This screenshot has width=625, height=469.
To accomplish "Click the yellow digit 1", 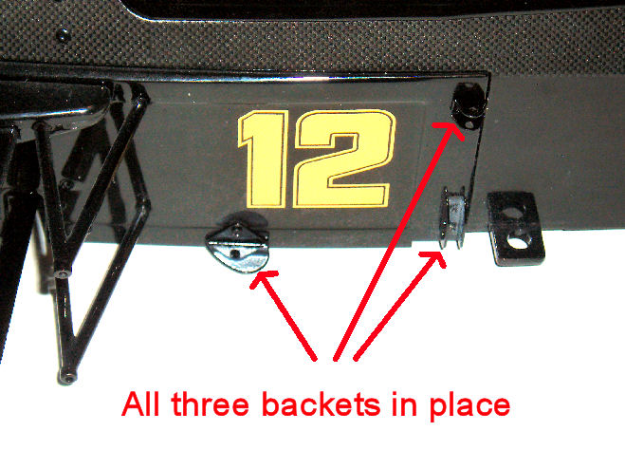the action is coord(264,159).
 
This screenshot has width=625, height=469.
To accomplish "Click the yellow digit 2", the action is coord(343,159).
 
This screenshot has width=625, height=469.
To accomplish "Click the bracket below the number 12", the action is coord(237,243).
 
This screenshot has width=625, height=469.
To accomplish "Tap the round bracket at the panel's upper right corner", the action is coord(469,105).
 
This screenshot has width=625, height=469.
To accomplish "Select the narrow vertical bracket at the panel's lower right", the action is coord(452,217).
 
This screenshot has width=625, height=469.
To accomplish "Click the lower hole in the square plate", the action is coord(519,242).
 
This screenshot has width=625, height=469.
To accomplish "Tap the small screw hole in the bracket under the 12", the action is coord(236,253).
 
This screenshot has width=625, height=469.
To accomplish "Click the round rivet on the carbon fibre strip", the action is coord(64,35).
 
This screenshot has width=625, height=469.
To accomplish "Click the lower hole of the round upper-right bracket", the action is coord(470,125).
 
